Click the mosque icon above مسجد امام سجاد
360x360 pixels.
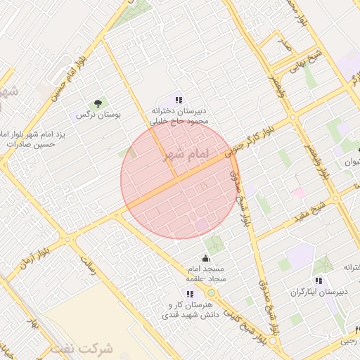coord(205,258)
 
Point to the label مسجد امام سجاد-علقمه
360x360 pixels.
coord(205,274)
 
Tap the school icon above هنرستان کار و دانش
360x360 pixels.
coord(189,293)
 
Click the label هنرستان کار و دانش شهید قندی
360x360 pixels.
coord(189,310)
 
